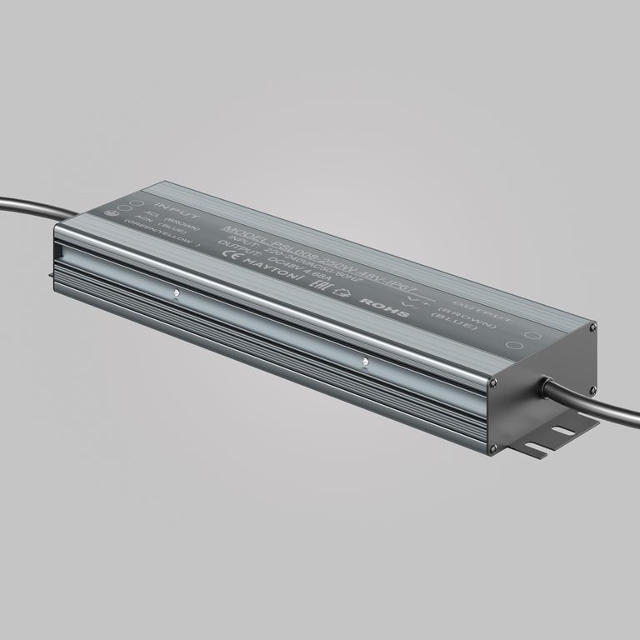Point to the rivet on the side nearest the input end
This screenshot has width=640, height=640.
[175, 292]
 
